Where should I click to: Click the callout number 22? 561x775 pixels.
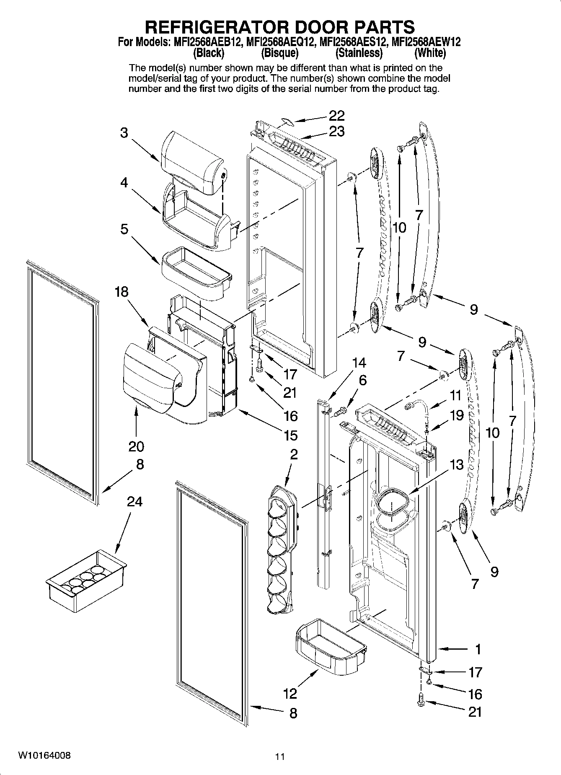click(336, 116)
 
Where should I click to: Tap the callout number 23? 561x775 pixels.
click(336, 132)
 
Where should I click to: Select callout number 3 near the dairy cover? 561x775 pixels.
click(124, 133)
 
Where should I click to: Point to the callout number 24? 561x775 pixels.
click(135, 501)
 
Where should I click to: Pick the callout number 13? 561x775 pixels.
click(457, 465)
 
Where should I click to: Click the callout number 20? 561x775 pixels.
click(136, 446)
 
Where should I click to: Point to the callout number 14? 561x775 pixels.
click(359, 363)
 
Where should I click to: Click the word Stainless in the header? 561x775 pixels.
click(359, 53)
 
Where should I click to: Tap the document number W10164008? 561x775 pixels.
click(44, 756)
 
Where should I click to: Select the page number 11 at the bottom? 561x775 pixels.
click(280, 757)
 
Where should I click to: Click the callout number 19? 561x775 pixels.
click(457, 415)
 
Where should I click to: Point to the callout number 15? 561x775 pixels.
click(290, 435)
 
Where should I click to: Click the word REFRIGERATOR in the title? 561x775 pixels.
click(215, 27)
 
